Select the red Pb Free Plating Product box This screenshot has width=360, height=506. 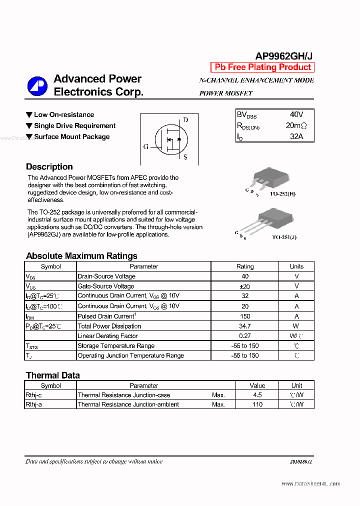click(x=262, y=67)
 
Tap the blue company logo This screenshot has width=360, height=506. click(x=37, y=86)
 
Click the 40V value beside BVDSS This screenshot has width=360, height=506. click(x=296, y=114)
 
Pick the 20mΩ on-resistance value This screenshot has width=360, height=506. click(x=296, y=125)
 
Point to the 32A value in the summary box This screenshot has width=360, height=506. click(x=296, y=136)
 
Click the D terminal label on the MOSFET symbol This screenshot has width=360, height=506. click(x=185, y=120)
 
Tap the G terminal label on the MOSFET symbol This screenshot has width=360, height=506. click(x=146, y=146)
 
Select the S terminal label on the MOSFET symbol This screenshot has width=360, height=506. click(x=185, y=157)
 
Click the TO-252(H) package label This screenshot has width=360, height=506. click(x=282, y=193)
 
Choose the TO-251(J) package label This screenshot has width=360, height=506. click(x=284, y=237)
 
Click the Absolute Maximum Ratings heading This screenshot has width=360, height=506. click(x=81, y=256)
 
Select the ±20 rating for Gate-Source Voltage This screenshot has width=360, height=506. click(x=244, y=286)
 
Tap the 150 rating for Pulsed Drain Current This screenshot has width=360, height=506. click(x=244, y=316)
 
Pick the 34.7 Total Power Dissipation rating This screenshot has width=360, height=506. click(x=244, y=326)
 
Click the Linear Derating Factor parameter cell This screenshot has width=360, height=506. click(x=107, y=336)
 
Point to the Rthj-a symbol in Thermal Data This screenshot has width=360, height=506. click(x=34, y=404)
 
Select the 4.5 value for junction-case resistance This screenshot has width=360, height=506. click(x=257, y=395)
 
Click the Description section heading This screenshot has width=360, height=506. click(x=49, y=167)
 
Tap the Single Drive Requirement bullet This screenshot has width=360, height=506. click(x=74, y=126)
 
